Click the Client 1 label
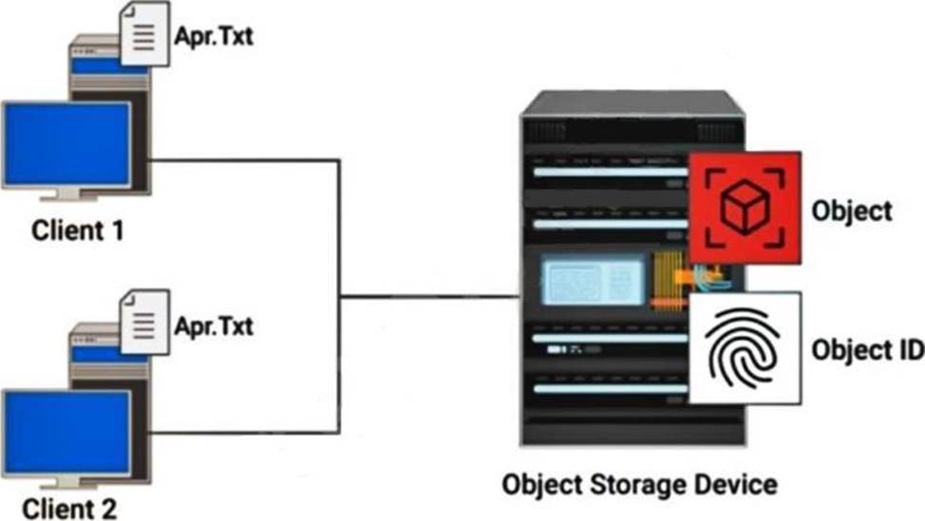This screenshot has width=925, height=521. click(x=79, y=231)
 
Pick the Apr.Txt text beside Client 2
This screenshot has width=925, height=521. click(x=215, y=327)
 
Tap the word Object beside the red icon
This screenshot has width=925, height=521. click(x=852, y=210)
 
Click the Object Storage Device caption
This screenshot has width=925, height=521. click(x=639, y=486)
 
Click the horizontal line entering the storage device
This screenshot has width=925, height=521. click(x=427, y=297)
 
